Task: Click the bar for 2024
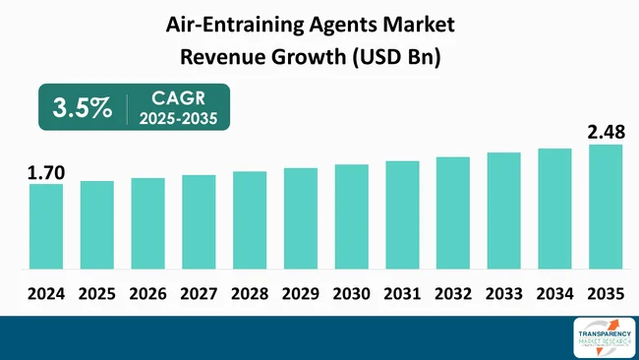coord(45,226)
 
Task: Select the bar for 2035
coord(606,207)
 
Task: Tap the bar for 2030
coord(351,216)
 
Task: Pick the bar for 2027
coord(199,221)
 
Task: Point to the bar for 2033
coord(503,210)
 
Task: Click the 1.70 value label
coord(45,173)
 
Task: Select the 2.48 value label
coord(606,131)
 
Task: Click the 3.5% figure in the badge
coord(83,108)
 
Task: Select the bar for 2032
coord(452,212)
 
